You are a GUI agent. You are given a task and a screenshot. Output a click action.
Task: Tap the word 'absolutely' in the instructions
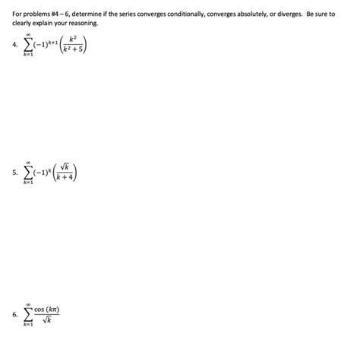click(x=241, y=14)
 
